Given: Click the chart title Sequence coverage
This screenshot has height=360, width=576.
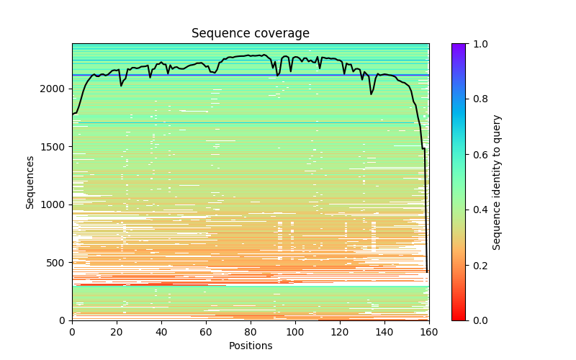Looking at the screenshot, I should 251,34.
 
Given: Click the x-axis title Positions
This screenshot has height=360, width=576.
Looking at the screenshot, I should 251,346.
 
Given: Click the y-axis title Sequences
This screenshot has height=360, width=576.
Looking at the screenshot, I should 30,181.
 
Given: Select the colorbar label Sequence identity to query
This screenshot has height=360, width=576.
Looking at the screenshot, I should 497,181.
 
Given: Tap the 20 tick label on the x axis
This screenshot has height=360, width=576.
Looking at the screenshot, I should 117,331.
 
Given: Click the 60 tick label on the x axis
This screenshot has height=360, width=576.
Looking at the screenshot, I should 206,331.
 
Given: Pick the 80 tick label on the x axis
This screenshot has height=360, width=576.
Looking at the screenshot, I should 251,331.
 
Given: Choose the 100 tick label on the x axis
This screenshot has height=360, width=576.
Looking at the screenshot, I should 295,331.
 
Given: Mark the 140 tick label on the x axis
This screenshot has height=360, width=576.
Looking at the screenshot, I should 384,331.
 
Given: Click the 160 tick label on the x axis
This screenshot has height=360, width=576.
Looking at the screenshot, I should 429,331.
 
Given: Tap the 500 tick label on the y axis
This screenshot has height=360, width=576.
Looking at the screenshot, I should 57,263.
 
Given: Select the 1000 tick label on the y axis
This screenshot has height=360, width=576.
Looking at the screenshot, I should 55,204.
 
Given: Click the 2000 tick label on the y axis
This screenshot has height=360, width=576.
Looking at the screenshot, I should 55,89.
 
